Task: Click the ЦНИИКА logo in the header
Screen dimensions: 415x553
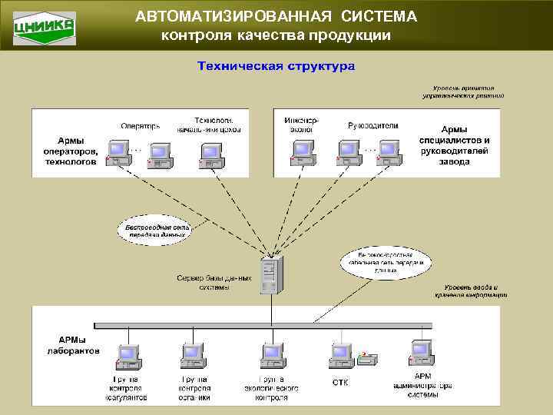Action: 45,27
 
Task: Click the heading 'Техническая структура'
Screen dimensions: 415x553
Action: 276,66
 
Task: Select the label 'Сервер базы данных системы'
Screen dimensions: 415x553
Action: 214,283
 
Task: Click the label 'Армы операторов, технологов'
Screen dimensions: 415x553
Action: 71,151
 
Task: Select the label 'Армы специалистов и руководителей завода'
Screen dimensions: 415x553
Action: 455,145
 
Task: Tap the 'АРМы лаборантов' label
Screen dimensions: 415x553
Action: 79,344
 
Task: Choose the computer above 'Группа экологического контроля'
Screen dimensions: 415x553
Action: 273,356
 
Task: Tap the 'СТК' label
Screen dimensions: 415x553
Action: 341,382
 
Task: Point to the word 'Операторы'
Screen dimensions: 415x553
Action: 141,125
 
